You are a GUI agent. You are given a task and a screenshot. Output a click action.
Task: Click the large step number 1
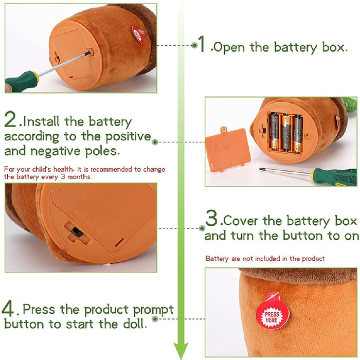click(x=202, y=44)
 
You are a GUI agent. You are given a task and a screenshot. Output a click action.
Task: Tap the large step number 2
click(x=10, y=119)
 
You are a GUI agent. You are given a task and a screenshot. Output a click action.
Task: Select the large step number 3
click(x=211, y=218)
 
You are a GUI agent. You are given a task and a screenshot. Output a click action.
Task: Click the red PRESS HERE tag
click(x=272, y=311)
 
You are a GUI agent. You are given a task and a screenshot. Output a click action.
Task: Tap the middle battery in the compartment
click(x=286, y=133)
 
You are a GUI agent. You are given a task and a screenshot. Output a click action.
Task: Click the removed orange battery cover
click(x=227, y=150)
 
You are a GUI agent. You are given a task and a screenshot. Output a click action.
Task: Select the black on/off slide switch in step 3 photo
click(x=77, y=232)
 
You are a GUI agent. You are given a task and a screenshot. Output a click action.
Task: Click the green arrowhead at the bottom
click(x=181, y=350)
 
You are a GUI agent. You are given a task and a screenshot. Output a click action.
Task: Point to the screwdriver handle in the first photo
click(x=22, y=81)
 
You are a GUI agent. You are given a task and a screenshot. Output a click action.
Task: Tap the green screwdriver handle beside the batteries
click(x=335, y=176)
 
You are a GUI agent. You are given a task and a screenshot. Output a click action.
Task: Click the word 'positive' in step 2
click(x=128, y=137)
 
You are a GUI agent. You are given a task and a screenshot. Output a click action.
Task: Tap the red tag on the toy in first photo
click(x=138, y=35)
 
